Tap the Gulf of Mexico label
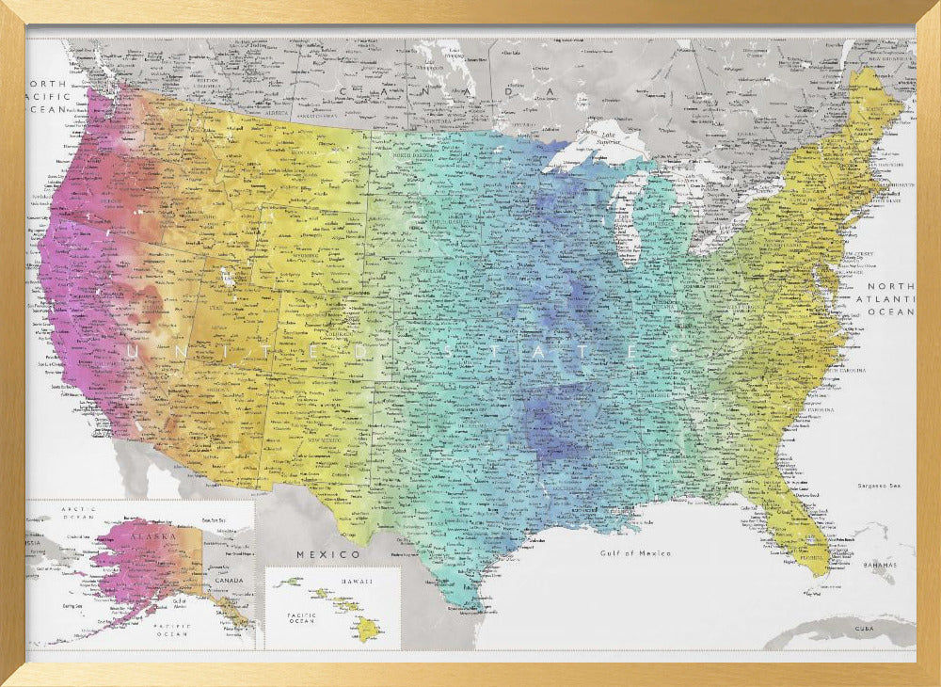pyautogui.click(x=636, y=553)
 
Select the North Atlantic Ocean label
pyautogui.click(x=890, y=298)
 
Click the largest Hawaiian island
pyautogui.click(x=367, y=630)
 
